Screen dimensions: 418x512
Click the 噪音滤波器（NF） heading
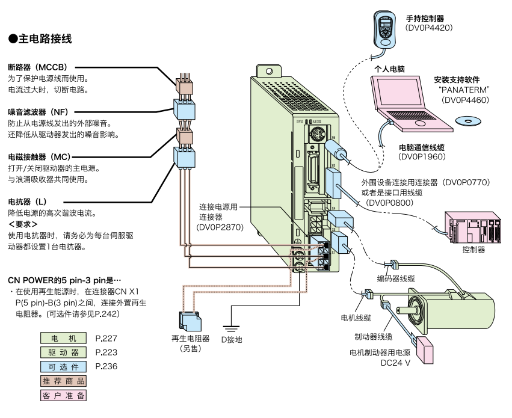click(x=38, y=112)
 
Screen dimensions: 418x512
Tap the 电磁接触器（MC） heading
click(x=39, y=156)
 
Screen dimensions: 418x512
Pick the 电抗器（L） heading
click(x=27, y=201)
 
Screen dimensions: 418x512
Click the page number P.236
click(x=105, y=366)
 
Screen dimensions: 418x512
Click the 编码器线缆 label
click(x=396, y=278)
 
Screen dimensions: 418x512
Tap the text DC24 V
click(x=395, y=364)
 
